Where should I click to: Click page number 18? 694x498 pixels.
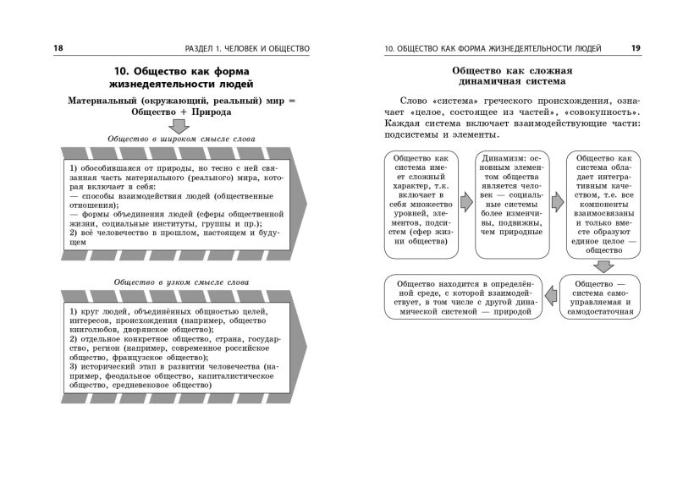coord(58,48)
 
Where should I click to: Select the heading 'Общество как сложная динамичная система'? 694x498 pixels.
coord(513,76)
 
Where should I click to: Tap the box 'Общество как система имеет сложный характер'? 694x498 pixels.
coord(421,204)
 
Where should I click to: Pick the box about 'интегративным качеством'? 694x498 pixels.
coord(604,204)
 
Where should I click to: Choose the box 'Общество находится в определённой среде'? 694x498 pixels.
coord(462,297)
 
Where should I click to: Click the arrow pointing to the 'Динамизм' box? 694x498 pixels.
coord(465,203)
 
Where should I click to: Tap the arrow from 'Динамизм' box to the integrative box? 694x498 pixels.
coord(557,203)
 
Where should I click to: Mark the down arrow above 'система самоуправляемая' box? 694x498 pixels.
coord(603,265)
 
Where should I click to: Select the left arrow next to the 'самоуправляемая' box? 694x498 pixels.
coord(551,295)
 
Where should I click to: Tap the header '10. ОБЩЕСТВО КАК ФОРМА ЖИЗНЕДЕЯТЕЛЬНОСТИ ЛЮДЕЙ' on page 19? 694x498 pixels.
coord(493,48)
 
